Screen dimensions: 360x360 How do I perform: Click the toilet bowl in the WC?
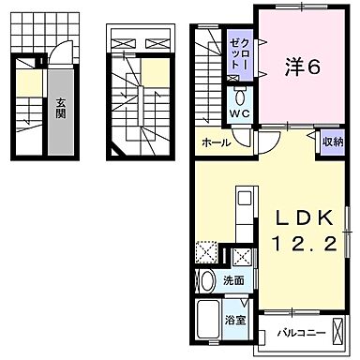tap(239, 97)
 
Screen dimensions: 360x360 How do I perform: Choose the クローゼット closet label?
tap(240, 57)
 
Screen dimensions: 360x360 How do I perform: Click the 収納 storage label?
tap(331, 142)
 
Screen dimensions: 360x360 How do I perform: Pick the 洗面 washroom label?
tap(234, 279)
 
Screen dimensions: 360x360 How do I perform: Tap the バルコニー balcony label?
tap(302, 331)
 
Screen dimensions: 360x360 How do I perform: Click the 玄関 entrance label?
tap(59, 111)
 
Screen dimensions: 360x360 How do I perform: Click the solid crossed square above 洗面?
tap(240, 256)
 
